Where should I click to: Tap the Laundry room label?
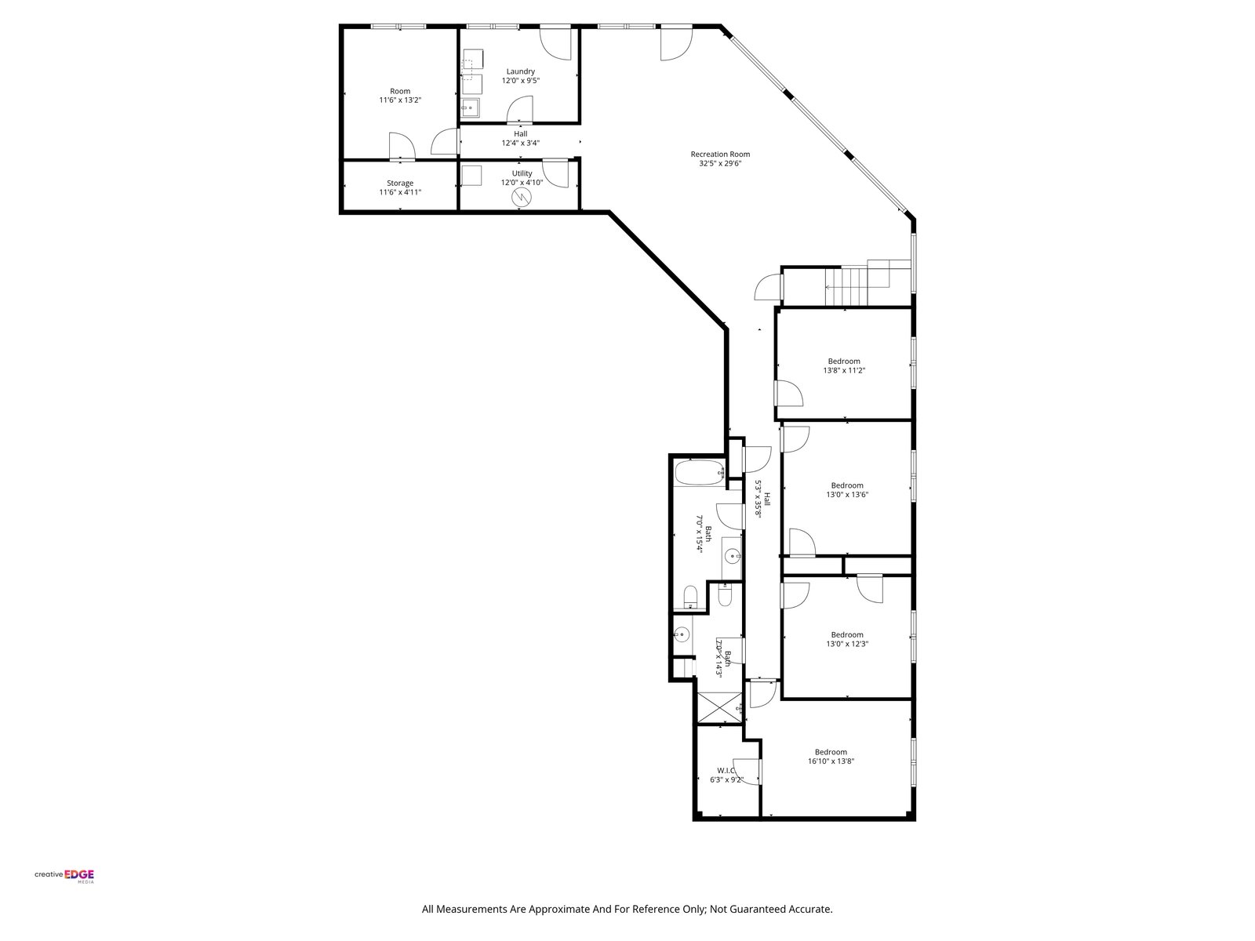pyautogui.click(x=520, y=71)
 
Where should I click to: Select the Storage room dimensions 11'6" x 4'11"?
pyautogui.click(x=400, y=192)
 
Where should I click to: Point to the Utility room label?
pyautogui.click(x=522, y=173)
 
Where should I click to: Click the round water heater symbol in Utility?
pyautogui.click(x=522, y=197)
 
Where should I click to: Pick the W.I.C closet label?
pyautogui.click(x=726, y=770)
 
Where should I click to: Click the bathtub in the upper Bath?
pyautogui.click(x=700, y=473)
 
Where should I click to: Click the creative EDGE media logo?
pyautogui.click(x=64, y=875)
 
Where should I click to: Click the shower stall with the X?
pyautogui.click(x=719, y=708)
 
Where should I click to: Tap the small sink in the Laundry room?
pyautogui.click(x=471, y=108)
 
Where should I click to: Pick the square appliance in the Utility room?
pyautogui.click(x=471, y=176)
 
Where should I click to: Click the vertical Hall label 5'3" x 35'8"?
pyautogui.click(x=762, y=499)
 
